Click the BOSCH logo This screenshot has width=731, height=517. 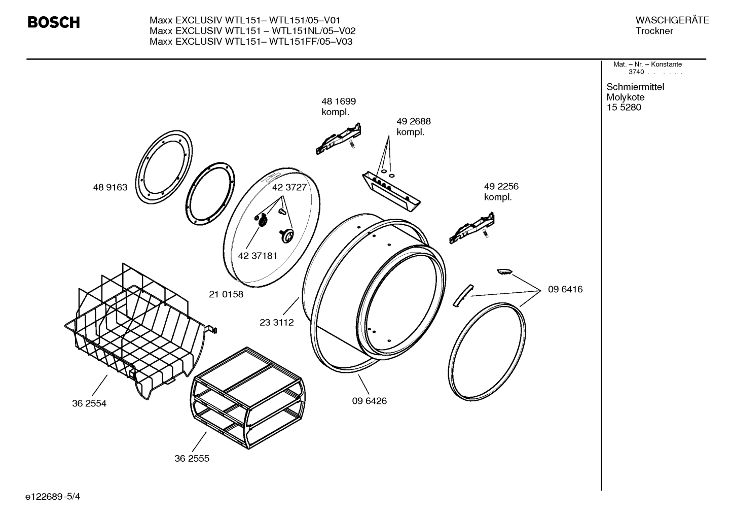[x=53, y=22]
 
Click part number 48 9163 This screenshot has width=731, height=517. [x=110, y=188]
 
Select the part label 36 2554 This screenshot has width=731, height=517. [x=89, y=404]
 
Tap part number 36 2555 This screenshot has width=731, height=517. [x=192, y=459]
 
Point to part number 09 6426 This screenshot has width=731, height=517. [x=369, y=401]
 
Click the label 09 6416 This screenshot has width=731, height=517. [x=565, y=290]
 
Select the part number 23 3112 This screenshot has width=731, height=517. [x=277, y=322]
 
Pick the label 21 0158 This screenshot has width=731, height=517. [x=226, y=294]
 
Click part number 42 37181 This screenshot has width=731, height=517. [x=258, y=256]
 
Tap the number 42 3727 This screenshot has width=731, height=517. [x=289, y=187]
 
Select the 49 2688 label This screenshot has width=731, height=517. [x=414, y=122]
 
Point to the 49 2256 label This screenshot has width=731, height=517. [x=501, y=187]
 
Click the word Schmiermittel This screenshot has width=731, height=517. [x=635, y=87]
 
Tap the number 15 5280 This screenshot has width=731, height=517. [x=624, y=108]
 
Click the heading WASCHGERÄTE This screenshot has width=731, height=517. [x=672, y=20]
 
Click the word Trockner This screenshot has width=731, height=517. [x=654, y=31]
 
